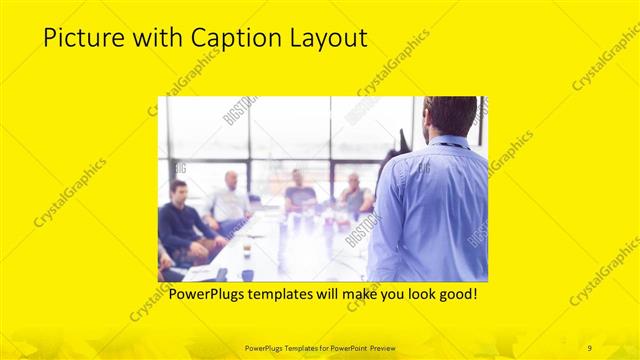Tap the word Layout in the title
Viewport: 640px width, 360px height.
click(324, 39)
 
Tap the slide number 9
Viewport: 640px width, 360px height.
click(590, 347)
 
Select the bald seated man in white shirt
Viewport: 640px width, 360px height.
click(231, 201)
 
